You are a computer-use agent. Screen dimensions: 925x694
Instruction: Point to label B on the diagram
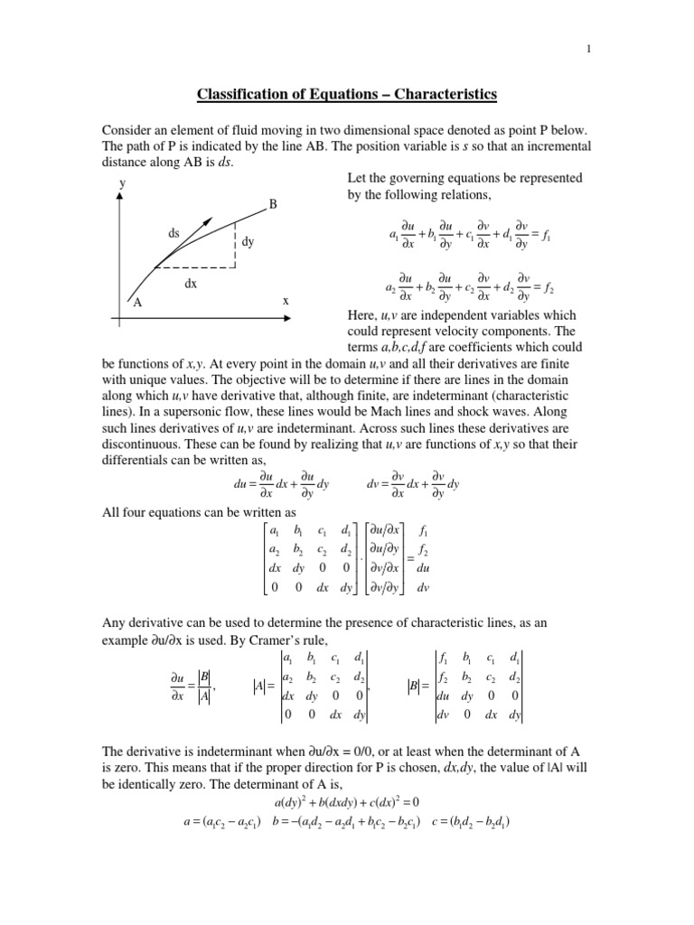[273, 205]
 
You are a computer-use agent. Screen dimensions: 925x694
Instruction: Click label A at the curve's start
[138, 303]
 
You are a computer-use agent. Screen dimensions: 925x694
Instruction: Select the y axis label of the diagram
[121, 183]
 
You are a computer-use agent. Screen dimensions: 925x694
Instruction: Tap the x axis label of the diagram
[286, 302]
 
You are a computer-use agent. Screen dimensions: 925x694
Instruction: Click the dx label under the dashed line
[191, 283]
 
